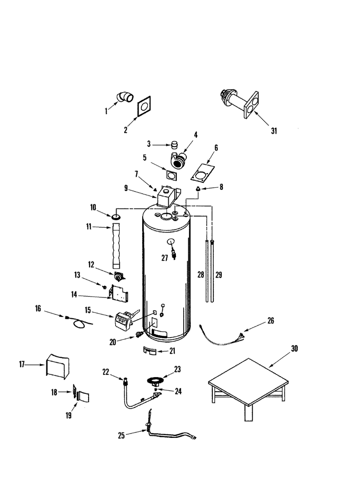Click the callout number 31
click(x=274, y=131)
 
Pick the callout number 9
click(x=126, y=188)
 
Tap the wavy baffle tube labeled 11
click(x=116, y=246)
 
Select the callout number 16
click(x=38, y=308)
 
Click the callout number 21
click(x=172, y=351)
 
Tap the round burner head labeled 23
click(x=157, y=381)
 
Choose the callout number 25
click(x=121, y=436)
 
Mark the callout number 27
click(x=165, y=258)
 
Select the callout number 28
click(x=201, y=275)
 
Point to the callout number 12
click(x=91, y=265)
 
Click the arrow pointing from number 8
click(x=209, y=188)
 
